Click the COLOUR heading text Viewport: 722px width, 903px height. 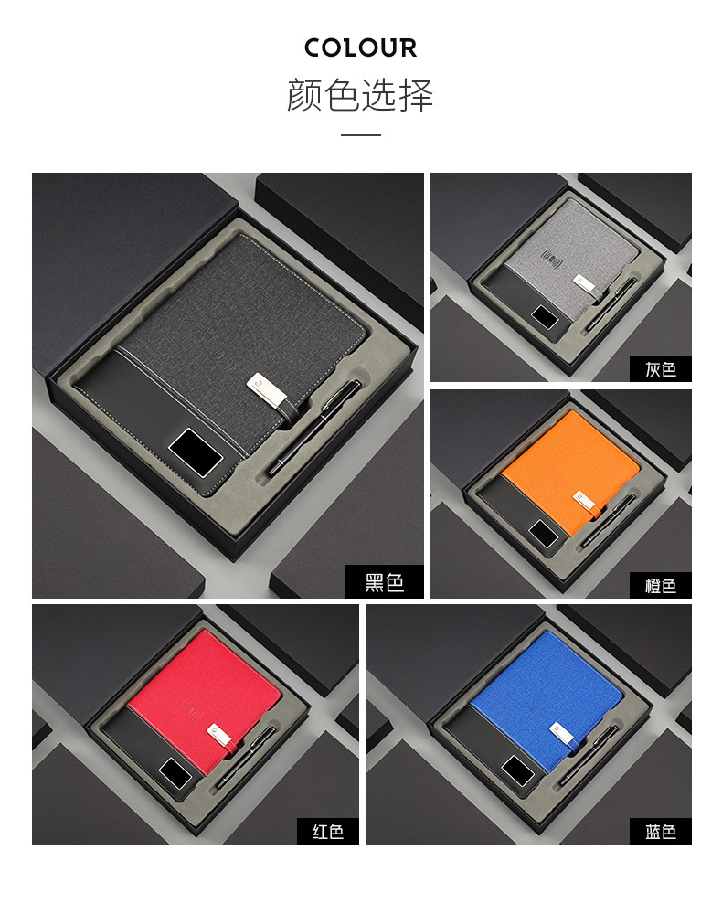(360, 48)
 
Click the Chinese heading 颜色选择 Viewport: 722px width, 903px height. (360, 95)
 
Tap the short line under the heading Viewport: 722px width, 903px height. (360, 134)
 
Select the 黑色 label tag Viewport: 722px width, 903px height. (384, 581)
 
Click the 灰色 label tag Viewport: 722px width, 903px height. (661, 368)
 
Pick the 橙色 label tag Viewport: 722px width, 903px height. (661, 586)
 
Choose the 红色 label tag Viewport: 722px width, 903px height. (327, 831)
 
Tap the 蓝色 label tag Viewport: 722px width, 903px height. (661, 831)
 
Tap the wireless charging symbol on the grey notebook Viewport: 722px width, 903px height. (552, 260)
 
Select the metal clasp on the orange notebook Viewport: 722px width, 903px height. (584, 500)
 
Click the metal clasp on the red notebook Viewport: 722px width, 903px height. (218, 734)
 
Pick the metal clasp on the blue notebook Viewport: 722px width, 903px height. (561, 732)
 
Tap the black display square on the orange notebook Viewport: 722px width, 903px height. (544, 534)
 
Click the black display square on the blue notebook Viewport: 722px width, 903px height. (517, 770)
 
